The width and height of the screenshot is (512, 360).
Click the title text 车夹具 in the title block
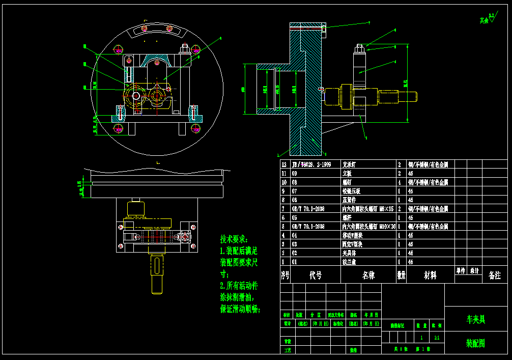[476, 319]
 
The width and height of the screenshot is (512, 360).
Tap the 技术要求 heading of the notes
[234, 239]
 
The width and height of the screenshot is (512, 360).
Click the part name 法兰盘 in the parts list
[349, 262]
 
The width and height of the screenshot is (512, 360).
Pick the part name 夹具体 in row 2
[349, 253]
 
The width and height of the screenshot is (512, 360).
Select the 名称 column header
[368, 275]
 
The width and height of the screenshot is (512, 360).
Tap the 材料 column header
[430, 275]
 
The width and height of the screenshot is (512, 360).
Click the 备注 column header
[494, 275]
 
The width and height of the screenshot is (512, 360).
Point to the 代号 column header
[316, 275]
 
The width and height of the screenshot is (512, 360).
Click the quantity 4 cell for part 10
[400, 182]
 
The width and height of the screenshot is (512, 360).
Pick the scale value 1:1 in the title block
[437, 337]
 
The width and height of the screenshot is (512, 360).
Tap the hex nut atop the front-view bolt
[185, 49]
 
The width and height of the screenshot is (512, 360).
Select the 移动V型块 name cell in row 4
[352, 235]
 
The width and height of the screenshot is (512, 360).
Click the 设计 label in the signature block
[287, 323]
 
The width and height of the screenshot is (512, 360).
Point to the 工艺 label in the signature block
[287, 350]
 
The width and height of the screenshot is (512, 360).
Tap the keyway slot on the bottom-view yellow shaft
[157, 266]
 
